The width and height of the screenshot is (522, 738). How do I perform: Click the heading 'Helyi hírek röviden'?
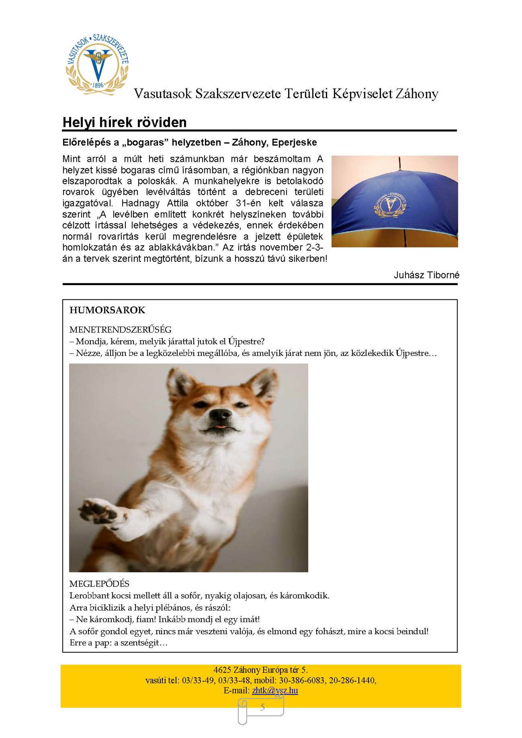(124, 122)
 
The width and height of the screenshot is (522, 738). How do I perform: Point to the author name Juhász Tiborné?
(426, 275)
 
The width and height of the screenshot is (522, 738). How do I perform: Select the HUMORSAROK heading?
(107, 310)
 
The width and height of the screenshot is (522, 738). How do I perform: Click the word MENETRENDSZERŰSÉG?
(120, 329)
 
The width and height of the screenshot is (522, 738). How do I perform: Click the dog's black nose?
(221, 414)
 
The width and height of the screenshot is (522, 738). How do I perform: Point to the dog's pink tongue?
(220, 427)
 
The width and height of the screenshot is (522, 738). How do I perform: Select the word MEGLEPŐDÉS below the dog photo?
(99, 584)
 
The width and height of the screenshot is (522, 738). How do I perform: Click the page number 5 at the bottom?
(262, 707)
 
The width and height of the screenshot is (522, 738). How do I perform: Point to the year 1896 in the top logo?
(98, 85)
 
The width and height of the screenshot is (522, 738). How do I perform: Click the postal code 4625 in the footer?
(222, 670)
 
